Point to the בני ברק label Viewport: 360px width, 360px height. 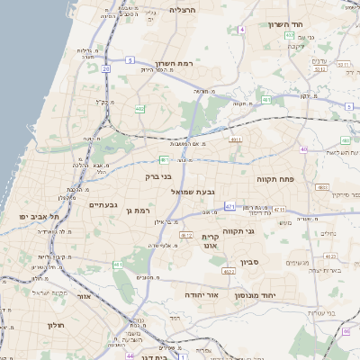[x=158, y=176]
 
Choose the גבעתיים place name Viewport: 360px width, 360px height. [x=103, y=204]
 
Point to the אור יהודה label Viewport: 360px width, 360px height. [x=202, y=294]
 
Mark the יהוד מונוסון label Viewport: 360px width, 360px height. [x=260, y=295]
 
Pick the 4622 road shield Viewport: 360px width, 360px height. [x=187, y=235]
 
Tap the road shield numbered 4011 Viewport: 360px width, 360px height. [x=236, y=140]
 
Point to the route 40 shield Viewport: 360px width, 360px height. [x=305, y=149]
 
